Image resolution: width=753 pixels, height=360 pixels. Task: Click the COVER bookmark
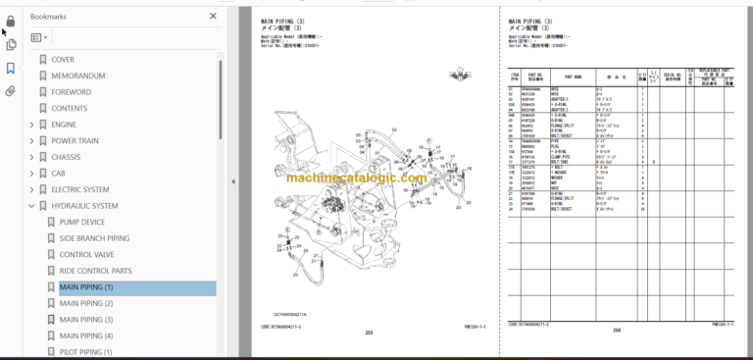pos(63,60)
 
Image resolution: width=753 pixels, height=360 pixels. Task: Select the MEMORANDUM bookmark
pos(77,76)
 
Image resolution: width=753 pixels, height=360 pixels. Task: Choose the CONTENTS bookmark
pos(69,108)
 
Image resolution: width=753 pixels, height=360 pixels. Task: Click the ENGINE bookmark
pos(64,125)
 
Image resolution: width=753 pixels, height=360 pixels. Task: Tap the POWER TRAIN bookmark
pos(75,140)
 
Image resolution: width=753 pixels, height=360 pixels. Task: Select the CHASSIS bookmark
pos(66,157)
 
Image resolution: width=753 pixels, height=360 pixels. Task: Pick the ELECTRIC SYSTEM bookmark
pos(80,189)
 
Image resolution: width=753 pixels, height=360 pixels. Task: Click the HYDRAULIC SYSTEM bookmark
pos(84,206)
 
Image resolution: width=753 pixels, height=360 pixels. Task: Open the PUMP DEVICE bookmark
pos(81,223)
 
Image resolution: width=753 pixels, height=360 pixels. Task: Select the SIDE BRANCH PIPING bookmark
pos(94,238)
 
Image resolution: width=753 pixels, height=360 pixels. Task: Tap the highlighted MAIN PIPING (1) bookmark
pos(86,287)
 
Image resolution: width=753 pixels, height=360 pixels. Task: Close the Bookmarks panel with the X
pos(214,17)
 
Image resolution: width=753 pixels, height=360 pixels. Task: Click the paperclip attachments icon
pos(11,91)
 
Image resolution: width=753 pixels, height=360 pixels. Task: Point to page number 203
pos(369,333)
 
